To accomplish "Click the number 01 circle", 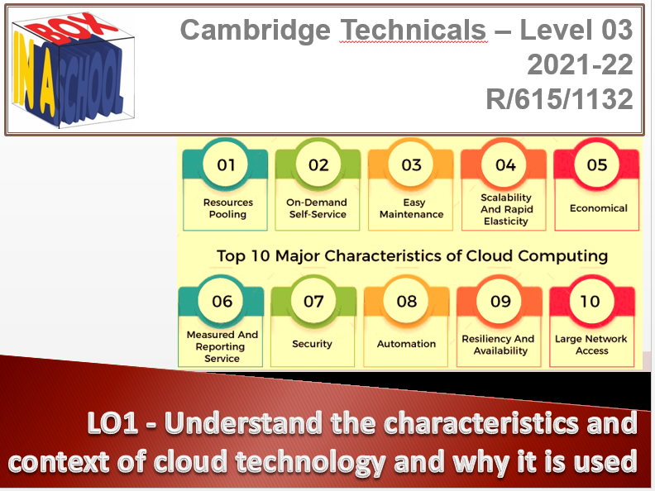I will (x=227, y=164).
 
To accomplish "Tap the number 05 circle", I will (x=597, y=164).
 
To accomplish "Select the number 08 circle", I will (x=407, y=301).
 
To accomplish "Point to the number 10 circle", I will (x=590, y=301).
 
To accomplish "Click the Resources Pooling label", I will (x=227, y=208).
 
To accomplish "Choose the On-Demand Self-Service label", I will (x=318, y=208).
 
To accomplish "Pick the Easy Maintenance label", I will (x=411, y=208).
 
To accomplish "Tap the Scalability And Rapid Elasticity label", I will (x=505, y=209).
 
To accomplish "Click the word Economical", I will (x=598, y=208).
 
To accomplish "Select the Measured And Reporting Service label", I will (x=222, y=346).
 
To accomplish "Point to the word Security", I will (x=312, y=344).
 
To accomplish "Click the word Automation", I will (x=406, y=344).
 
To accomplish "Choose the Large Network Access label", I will (x=591, y=345).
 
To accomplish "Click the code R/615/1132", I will (x=560, y=99).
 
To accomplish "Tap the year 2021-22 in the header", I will (x=580, y=65).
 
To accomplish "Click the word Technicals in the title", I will (x=414, y=31).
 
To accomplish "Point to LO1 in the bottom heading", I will (x=119, y=425).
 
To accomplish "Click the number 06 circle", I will (x=222, y=301).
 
